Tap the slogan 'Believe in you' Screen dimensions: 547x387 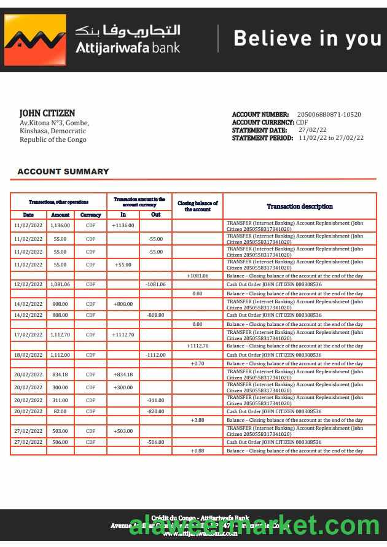tap(307, 39)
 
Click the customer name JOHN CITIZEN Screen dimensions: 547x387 tap(47, 113)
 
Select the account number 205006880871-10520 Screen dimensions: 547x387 tap(329, 114)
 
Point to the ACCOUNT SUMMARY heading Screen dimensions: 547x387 tap(63, 172)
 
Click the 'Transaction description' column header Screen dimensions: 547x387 tap(300, 206)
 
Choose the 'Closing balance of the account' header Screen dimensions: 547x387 tap(197, 206)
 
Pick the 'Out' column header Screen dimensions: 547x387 tap(155, 215)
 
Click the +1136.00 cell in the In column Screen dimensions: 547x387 tap(123, 225)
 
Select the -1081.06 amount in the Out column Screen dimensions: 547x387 tap(155, 284)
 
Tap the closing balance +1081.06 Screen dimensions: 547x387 tap(197, 276)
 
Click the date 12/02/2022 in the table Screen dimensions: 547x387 tap(28, 284)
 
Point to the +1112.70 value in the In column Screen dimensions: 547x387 tap(123, 335)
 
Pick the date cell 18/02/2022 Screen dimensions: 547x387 tap(28, 355)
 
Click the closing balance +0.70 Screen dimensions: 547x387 tap(197, 363)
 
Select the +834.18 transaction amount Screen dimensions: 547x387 tap(123, 374)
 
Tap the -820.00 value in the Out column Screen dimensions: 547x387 tap(155, 411)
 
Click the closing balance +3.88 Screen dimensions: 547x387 tap(197, 420)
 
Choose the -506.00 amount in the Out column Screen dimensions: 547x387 tap(155, 442)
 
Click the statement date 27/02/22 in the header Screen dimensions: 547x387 tap(313, 130)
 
